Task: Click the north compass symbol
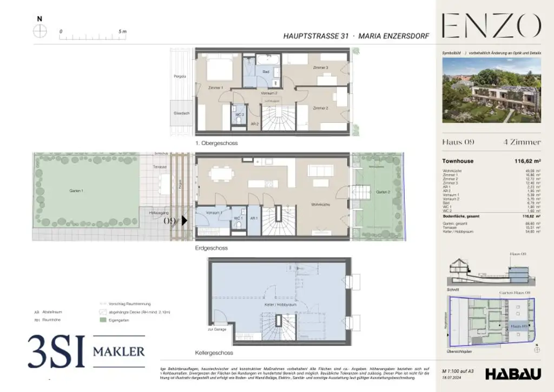pos(39,31)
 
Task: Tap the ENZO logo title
pos(491,26)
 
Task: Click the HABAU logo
pos(511,374)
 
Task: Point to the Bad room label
pos(266,71)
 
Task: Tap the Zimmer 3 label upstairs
pos(320,68)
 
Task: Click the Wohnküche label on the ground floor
pos(321,205)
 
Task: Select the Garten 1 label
pos(76,191)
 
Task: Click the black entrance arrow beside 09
pos(184,220)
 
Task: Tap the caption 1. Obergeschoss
pos(216,143)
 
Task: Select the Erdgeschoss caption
pos(212,248)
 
